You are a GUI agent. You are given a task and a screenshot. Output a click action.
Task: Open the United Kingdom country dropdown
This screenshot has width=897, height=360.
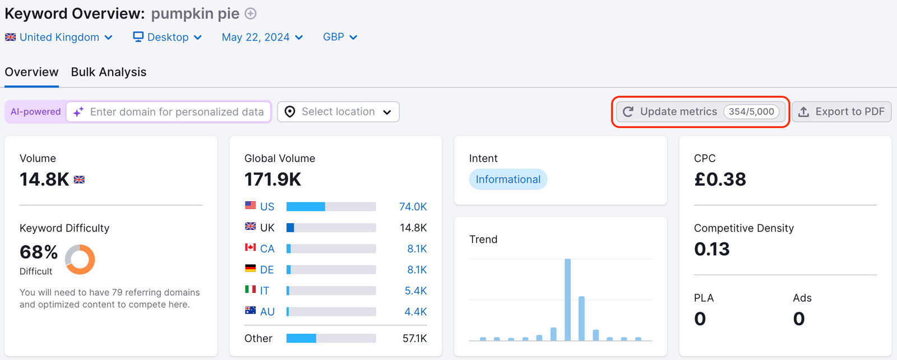(x=59, y=38)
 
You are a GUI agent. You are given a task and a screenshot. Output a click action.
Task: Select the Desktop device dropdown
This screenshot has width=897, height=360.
(x=167, y=38)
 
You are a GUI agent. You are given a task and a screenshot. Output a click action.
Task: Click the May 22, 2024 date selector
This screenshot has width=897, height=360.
(x=262, y=38)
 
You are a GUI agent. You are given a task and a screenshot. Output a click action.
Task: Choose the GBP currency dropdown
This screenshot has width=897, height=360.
(x=340, y=38)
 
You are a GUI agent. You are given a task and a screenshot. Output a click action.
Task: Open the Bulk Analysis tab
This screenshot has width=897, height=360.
(x=108, y=72)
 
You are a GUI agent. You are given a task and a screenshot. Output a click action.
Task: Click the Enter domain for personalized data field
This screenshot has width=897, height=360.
(x=177, y=112)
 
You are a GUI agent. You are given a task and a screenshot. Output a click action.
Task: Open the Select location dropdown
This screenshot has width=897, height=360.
(x=338, y=112)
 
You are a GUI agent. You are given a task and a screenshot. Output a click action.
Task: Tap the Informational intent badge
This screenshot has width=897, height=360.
(x=508, y=179)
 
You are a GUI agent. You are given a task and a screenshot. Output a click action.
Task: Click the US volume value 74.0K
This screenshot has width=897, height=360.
(x=413, y=207)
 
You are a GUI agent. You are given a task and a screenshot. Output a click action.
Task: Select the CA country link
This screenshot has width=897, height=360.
(x=267, y=249)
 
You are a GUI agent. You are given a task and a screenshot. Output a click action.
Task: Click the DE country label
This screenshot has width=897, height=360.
(x=267, y=270)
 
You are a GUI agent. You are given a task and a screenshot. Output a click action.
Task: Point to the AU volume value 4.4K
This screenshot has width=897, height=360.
(x=415, y=312)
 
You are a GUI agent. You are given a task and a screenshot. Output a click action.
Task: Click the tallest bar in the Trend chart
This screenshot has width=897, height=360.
(x=567, y=300)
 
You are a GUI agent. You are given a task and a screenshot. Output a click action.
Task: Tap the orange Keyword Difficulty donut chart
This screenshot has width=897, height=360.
(x=80, y=259)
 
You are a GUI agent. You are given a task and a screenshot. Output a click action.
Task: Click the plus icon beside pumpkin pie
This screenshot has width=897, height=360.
(x=251, y=13)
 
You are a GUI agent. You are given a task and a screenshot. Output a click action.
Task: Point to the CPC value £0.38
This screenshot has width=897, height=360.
(x=720, y=179)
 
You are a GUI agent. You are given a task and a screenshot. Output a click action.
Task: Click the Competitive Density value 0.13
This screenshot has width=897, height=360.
(x=711, y=249)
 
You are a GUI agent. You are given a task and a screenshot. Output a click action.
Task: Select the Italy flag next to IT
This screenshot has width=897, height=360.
(x=251, y=289)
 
